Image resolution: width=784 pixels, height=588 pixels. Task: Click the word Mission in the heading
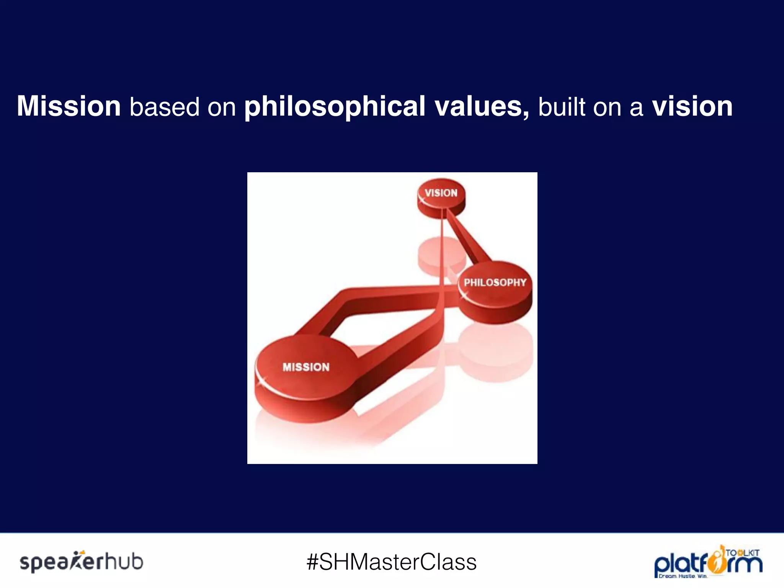[x=69, y=106]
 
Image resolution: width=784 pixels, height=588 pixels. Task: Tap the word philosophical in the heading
[x=335, y=106]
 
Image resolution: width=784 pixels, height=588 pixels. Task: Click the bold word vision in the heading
[x=692, y=106]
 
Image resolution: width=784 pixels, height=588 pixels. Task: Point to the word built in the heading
[x=562, y=106]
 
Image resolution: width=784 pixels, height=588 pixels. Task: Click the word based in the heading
[x=165, y=106]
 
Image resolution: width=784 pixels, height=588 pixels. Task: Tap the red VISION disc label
[x=441, y=193]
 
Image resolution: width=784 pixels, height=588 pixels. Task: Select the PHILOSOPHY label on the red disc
[x=495, y=283]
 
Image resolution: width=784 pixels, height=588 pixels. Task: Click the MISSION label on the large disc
[x=306, y=367]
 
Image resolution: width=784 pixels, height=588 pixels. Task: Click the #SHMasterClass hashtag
[x=392, y=562]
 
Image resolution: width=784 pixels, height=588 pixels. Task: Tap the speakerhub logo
[x=81, y=562]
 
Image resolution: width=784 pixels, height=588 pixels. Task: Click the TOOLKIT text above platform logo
[x=743, y=553]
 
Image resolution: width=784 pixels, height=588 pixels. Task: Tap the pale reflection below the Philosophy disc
[x=496, y=352]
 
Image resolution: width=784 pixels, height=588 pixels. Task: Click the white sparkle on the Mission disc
[x=262, y=381]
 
